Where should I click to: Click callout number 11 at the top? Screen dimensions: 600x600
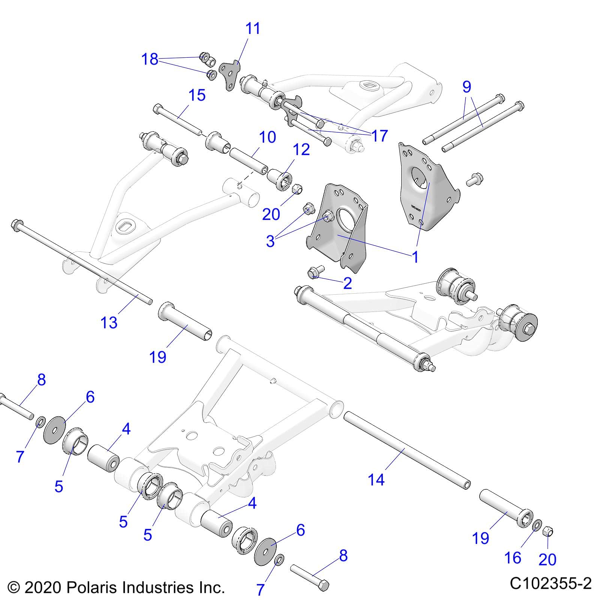pyautogui.click(x=252, y=29)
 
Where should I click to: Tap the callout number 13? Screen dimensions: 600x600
pyautogui.click(x=109, y=322)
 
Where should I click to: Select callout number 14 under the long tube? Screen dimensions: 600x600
pyautogui.click(x=376, y=480)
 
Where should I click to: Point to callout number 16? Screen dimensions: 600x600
pyautogui.click(x=513, y=558)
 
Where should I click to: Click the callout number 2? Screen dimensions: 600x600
pyautogui.click(x=347, y=283)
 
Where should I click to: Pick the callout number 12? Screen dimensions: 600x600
pyautogui.click(x=301, y=150)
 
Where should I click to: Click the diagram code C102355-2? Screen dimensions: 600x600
pyautogui.click(x=550, y=583)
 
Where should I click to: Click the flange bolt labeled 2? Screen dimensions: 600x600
pyautogui.click(x=313, y=273)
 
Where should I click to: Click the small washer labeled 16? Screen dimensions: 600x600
pyautogui.click(x=537, y=525)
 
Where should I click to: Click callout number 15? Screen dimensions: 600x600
pyautogui.click(x=197, y=95)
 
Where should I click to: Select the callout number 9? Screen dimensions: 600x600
pyautogui.click(x=466, y=87)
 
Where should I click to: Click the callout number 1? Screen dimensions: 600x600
pyautogui.click(x=415, y=257)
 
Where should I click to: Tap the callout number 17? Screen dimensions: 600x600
pyautogui.click(x=379, y=136)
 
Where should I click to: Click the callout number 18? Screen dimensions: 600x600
pyautogui.click(x=150, y=60)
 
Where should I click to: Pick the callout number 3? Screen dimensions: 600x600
pyautogui.click(x=270, y=241)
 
